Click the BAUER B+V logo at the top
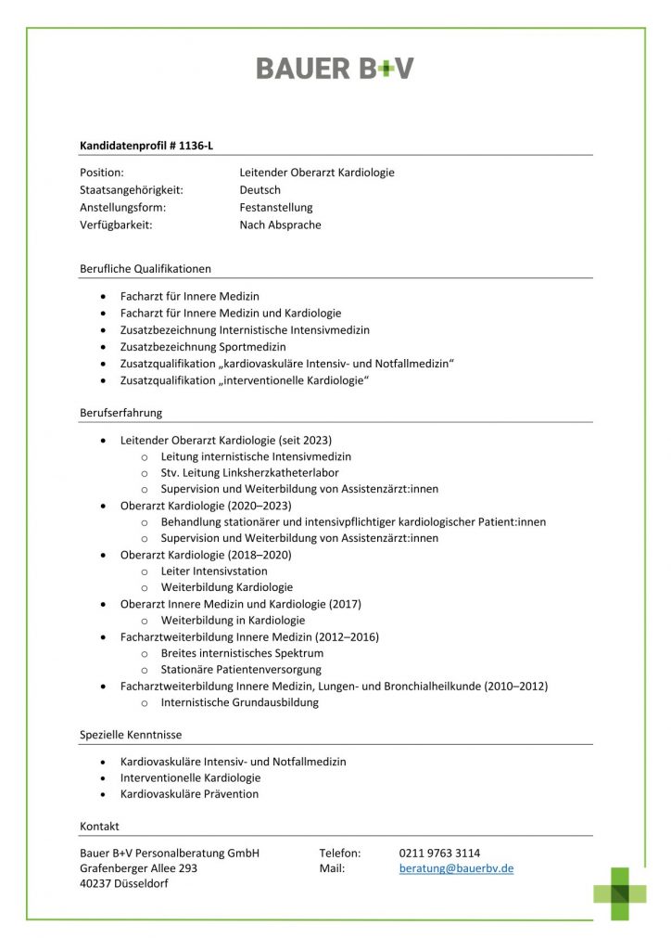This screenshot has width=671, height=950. point(335,68)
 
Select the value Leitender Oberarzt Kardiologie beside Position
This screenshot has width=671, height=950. point(316,173)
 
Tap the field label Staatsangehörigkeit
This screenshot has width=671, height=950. point(132,190)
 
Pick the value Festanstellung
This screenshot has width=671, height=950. point(276,208)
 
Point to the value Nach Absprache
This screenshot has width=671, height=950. point(280,225)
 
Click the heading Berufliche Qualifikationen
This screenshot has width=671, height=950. point(146,269)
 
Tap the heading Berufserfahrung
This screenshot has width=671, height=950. point(120,413)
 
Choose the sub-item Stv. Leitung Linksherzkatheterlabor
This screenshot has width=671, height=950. point(250,473)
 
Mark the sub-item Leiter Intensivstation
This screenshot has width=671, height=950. point(214,571)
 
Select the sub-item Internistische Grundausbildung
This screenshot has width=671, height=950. point(239,702)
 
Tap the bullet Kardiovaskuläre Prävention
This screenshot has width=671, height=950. point(189,794)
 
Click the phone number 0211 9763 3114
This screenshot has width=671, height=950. point(439,854)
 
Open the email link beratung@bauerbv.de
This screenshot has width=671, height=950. point(456,869)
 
